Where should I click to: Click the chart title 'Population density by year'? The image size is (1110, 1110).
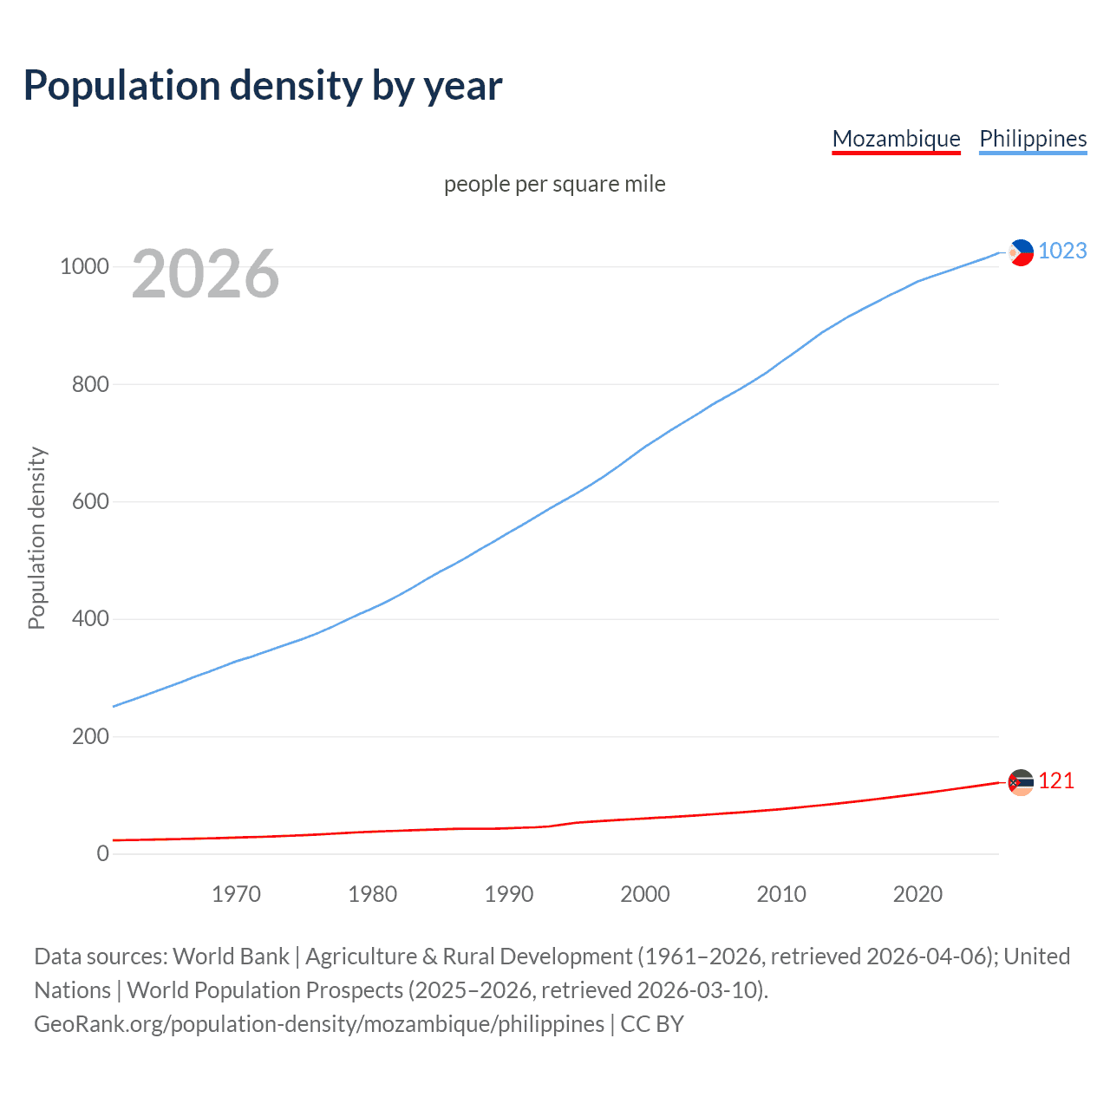263,86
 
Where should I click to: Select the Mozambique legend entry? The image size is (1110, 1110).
896,139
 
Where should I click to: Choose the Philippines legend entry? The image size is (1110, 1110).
1032,139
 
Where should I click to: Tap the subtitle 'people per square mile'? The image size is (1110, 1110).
554,185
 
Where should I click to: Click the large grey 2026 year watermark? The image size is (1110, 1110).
206,274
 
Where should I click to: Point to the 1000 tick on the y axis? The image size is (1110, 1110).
84,267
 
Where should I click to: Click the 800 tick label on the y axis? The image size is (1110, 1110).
90,384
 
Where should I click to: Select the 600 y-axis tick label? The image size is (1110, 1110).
90,502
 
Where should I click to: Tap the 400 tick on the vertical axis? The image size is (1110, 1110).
90,619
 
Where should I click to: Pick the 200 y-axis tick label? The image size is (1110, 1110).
90,737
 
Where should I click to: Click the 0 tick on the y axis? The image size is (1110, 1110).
103,854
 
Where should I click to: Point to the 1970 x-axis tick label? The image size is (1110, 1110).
236,894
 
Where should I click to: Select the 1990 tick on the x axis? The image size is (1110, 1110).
509,894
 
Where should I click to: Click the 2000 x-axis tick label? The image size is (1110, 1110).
645,894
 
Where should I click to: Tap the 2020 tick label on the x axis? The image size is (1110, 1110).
917,894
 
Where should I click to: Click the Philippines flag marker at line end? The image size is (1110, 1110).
1021,252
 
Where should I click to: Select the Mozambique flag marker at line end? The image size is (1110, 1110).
1021,782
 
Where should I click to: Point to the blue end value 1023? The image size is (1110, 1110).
1062,251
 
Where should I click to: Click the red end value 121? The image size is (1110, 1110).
1056,781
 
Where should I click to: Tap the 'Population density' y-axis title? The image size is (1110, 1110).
36,538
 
